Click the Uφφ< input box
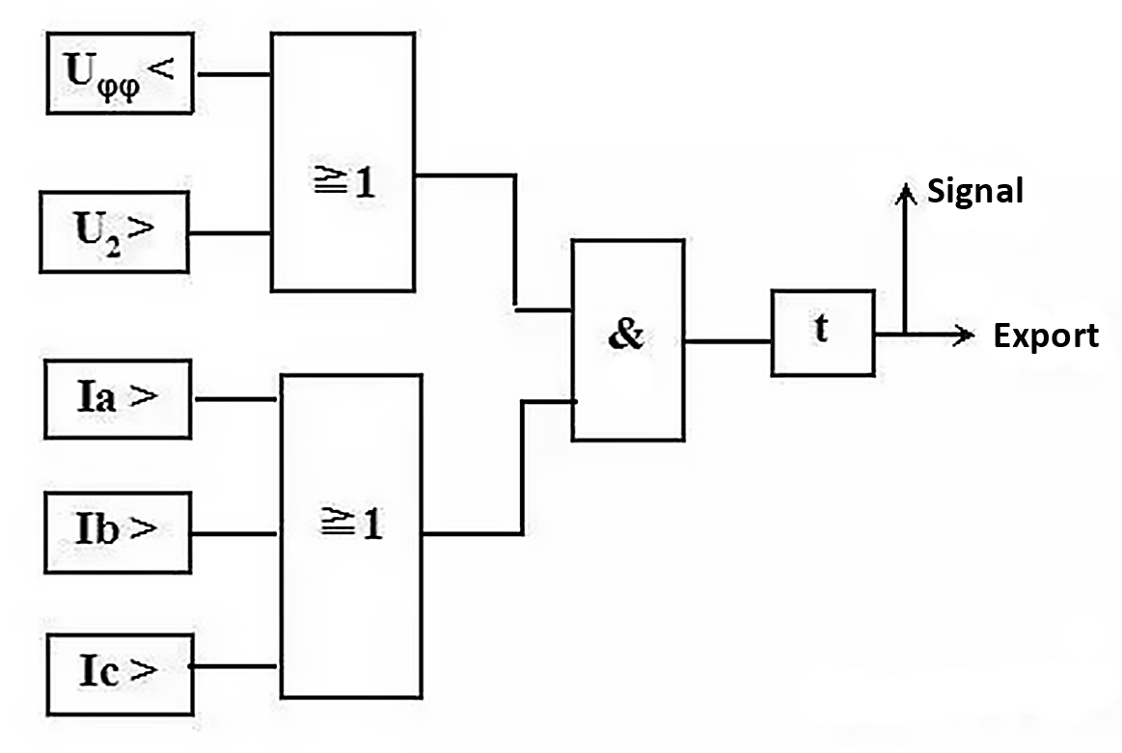[x=121, y=72]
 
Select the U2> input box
[x=115, y=232]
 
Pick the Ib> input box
[x=118, y=531]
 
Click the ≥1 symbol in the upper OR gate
[x=345, y=184]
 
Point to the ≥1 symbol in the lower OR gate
[x=351, y=524]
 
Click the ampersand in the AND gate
[x=627, y=337]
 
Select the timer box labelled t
[x=822, y=332]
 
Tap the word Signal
[x=974, y=191]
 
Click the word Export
[x=1046, y=336]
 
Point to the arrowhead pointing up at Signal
[x=904, y=195]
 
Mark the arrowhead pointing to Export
[x=962, y=335]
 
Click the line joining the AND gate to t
[x=727, y=340]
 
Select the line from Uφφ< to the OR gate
[x=232, y=73]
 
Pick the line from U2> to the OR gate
[x=229, y=233]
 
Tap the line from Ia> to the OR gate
[x=237, y=398]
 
